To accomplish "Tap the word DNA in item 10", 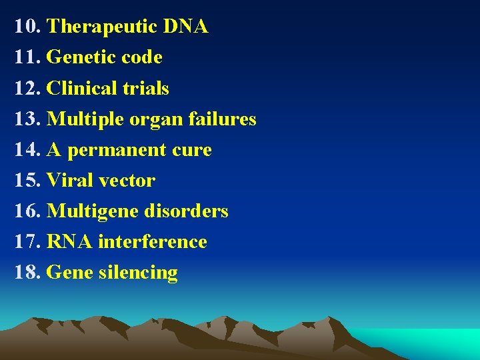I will point(185,27).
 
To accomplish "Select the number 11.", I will point(27,58).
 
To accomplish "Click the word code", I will point(143,58).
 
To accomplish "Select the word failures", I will point(222,119).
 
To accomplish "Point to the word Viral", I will point(70,181).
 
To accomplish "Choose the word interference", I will point(153,242).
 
